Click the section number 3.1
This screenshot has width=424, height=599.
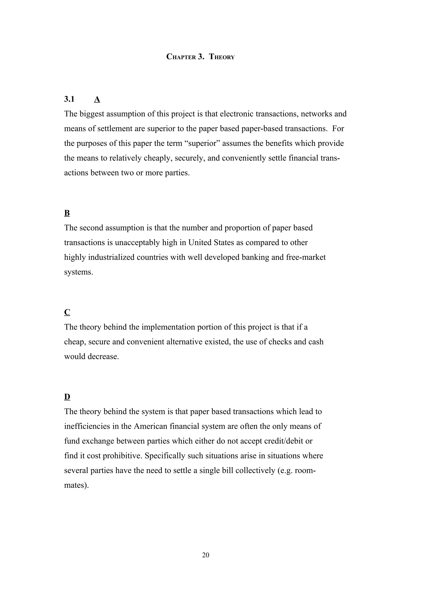[69, 99]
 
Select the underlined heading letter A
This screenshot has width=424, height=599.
[97, 99]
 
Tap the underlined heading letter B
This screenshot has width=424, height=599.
[67, 213]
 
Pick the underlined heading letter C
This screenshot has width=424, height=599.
[67, 312]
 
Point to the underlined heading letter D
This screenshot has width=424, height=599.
[67, 397]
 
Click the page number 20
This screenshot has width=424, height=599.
[206, 555]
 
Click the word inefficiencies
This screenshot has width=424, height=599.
[88, 426]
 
